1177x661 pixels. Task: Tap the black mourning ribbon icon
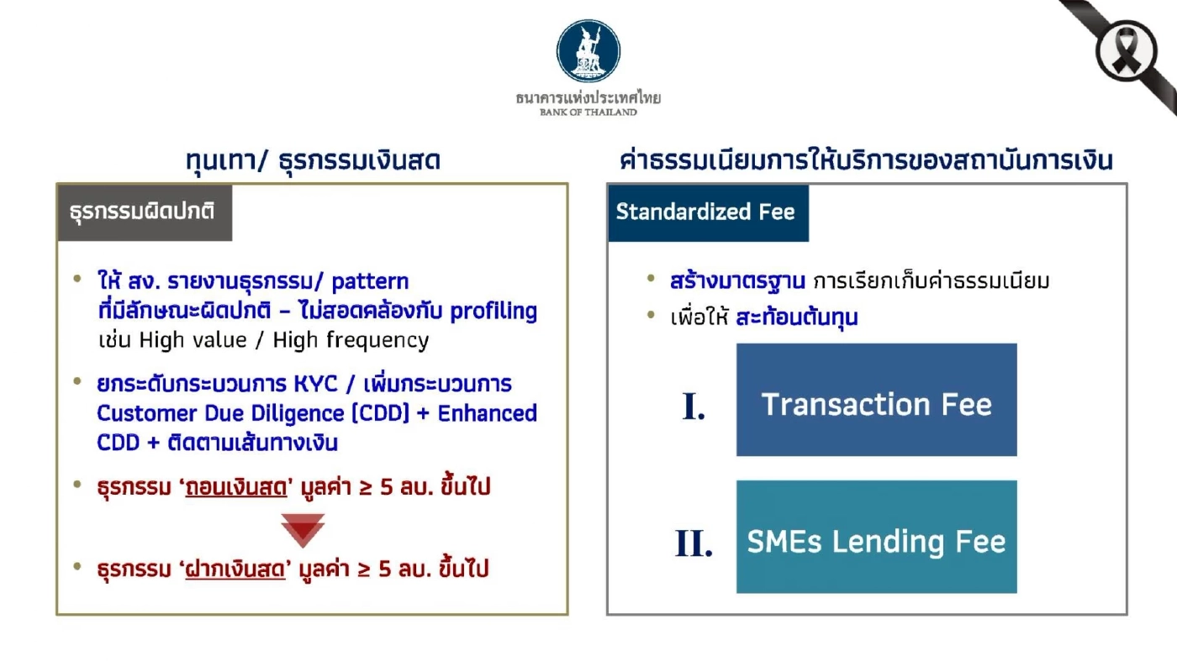pos(1127,50)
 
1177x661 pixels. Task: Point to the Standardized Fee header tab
pos(706,212)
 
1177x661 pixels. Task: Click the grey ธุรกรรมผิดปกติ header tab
pos(143,212)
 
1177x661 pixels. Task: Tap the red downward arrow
pos(302,529)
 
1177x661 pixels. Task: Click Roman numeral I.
pos(694,407)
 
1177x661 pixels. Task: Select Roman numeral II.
pos(694,544)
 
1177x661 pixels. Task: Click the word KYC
pos(292,384)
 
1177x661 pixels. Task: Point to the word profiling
pos(493,312)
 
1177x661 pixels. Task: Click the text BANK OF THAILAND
pos(588,112)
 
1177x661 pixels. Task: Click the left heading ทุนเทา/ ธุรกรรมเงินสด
pos(313,160)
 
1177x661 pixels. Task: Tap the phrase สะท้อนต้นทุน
pos(797,318)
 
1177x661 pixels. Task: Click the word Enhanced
pos(488,413)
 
